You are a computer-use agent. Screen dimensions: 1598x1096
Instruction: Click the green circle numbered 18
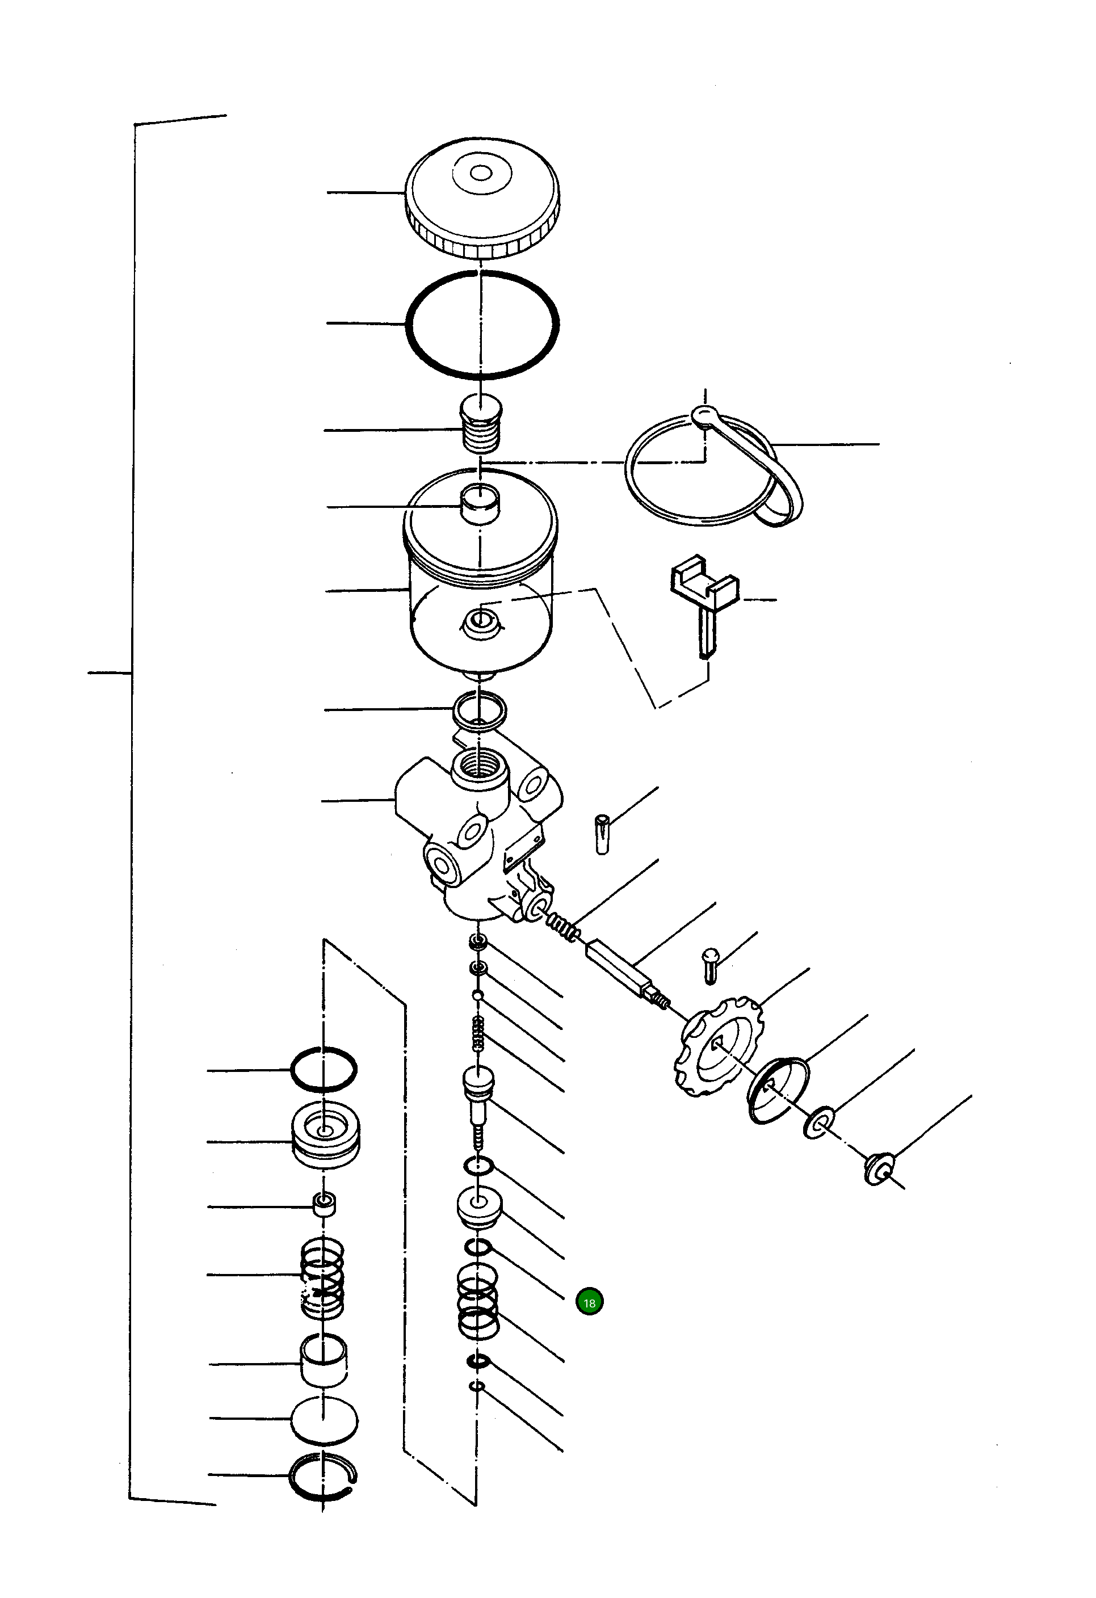click(x=589, y=1302)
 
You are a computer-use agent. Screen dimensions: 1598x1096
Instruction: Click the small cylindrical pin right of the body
click(x=603, y=834)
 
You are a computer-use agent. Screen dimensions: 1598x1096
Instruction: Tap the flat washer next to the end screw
click(x=818, y=1122)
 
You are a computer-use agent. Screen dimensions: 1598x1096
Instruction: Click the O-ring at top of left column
click(x=323, y=1069)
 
